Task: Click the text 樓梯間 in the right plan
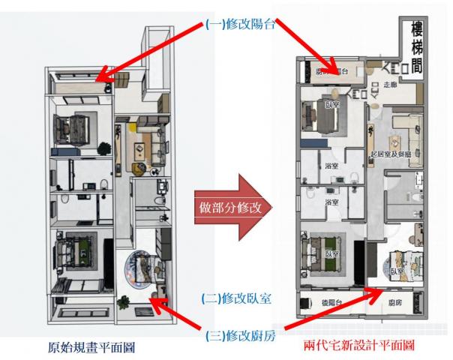point(415,47)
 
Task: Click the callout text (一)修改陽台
point(238,22)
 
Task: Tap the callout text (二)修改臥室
point(236,298)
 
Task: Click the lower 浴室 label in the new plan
point(330,202)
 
